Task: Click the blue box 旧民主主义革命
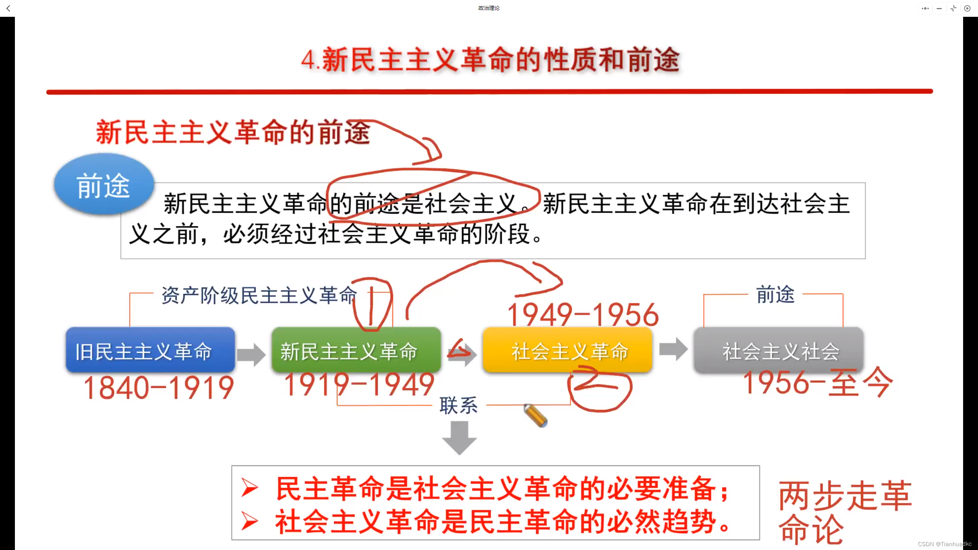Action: (x=150, y=350)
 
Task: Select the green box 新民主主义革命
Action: (x=356, y=350)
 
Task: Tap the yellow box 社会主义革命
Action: (x=567, y=350)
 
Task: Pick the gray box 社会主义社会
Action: (x=779, y=350)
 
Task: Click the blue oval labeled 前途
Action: (x=104, y=185)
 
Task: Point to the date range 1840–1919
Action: (x=159, y=388)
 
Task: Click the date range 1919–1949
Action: (x=359, y=384)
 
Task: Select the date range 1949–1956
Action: (x=583, y=315)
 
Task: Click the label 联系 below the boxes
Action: (x=458, y=405)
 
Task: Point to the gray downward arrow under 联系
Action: (x=459, y=438)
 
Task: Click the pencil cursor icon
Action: (x=536, y=415)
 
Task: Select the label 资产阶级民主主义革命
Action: (x=259, y=295)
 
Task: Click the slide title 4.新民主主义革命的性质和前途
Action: (x=490, y=60)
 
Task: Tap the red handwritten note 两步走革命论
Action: (x=844, y=512)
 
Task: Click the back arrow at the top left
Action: (x=8, y=8)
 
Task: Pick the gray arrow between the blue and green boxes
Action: (x=251, y=354)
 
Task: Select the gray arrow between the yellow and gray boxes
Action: (x=673, y=349)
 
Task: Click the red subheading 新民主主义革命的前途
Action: (x=233, y=133)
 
